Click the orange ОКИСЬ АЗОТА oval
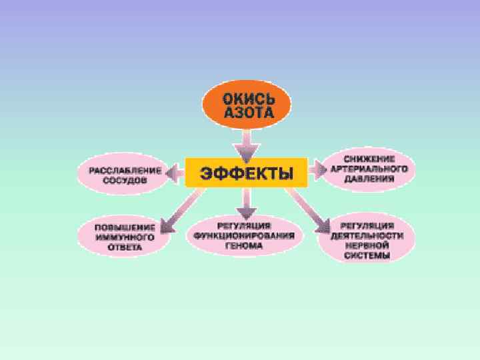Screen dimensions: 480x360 [247, 105]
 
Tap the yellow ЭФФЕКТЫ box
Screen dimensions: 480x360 [245, 173]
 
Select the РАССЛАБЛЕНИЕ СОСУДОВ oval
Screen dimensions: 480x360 [121, 175]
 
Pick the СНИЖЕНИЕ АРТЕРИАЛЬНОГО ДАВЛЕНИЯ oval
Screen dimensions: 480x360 [368, 168]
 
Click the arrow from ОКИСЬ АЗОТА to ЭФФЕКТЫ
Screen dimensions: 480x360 [247, 141]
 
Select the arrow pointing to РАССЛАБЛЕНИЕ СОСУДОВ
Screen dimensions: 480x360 [175, 174]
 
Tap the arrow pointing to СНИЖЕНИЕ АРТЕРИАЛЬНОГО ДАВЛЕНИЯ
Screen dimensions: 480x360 [315, 169]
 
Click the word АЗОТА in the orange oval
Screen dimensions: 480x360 [247, 113]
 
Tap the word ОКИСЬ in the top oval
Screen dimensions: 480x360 [247, 99]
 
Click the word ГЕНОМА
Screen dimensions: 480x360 [247, 245]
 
